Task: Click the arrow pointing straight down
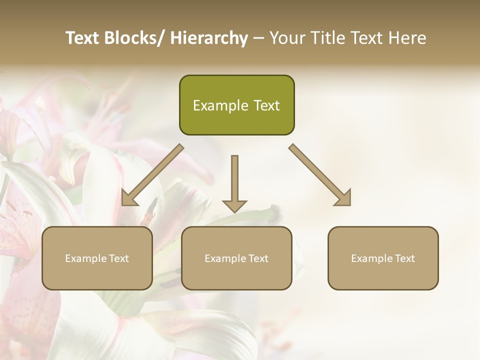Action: pos(234,182)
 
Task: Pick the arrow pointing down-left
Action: pos(152,175)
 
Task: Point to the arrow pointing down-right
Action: pos(320,175)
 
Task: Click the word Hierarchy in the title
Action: pos(209,38)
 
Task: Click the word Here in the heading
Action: pos(408,38)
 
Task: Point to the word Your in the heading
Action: pos(285,38)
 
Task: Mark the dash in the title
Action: pos(258,38)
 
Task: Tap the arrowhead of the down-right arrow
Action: pos(343,198)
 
